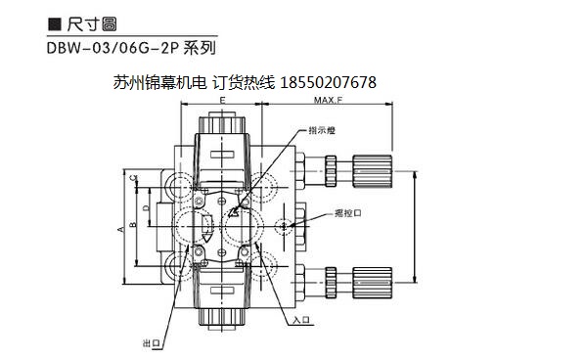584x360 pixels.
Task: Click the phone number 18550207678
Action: (328, 83)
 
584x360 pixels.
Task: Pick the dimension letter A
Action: (120, 228)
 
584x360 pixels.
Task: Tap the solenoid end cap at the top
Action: (223, 126)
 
